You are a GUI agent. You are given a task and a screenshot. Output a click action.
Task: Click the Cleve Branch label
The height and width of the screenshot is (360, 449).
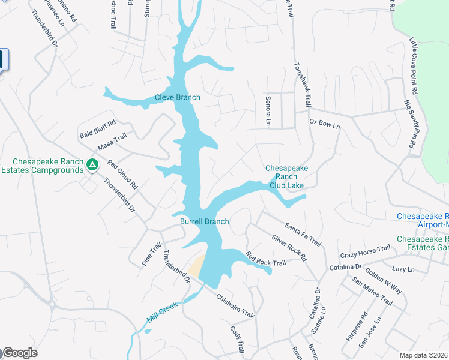(177, 98)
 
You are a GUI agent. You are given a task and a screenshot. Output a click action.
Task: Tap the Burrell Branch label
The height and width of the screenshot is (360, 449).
(205, 222)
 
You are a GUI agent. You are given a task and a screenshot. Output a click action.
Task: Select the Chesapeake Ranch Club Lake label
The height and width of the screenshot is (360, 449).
(286, 177)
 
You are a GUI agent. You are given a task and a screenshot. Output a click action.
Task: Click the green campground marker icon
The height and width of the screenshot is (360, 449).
(92, 164)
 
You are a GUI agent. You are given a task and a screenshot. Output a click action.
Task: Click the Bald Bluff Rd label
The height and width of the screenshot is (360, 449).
(97, 130)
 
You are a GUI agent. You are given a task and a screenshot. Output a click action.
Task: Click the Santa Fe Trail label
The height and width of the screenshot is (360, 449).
(303, 234)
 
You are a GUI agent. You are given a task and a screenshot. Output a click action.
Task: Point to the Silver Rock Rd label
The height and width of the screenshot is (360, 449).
(289, 247)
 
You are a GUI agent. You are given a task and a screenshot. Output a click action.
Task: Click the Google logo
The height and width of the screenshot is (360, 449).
(20, 353)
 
